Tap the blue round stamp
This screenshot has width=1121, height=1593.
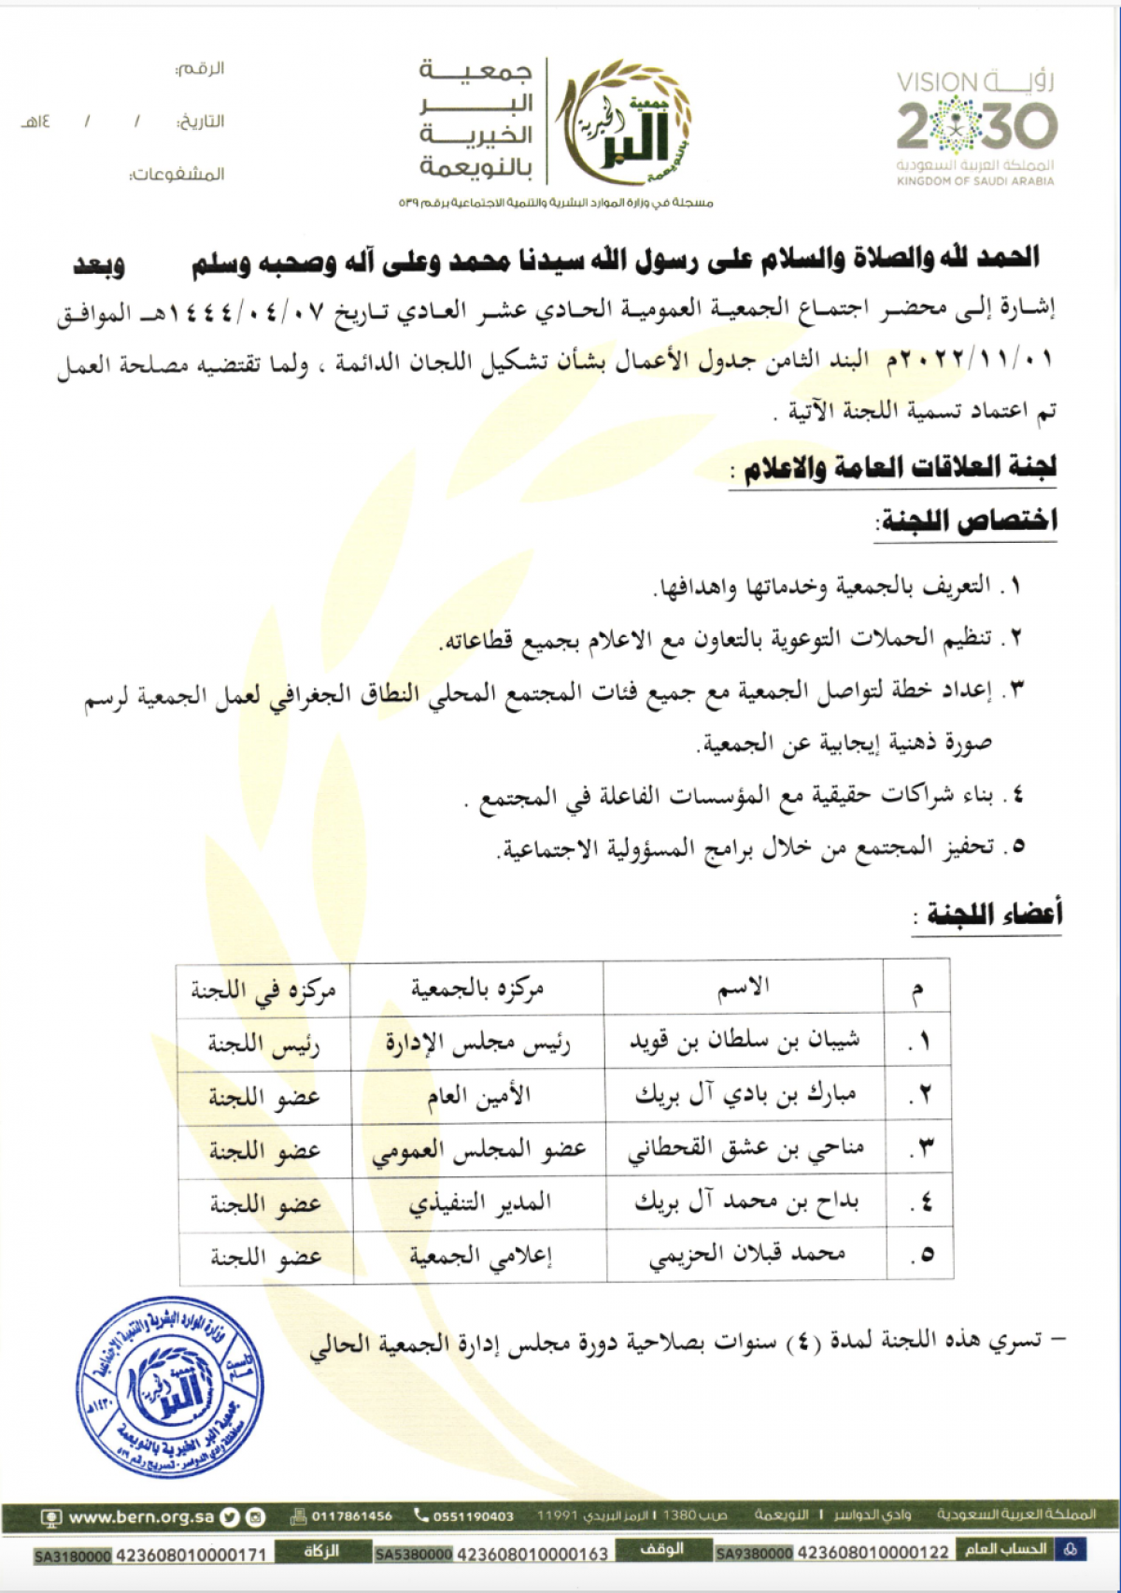click(169, 1387)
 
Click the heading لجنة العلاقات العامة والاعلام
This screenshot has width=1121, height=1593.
click(899, 467)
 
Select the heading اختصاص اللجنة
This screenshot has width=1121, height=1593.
click(968, 520)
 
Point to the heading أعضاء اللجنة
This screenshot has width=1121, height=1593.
click(993, 913)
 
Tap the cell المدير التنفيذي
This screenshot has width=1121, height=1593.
click(479, 1203)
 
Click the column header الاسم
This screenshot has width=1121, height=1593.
click(744, 988)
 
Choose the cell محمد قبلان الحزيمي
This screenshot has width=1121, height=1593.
click(746, 1255)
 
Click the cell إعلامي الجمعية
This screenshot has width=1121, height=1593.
click(480, 1257)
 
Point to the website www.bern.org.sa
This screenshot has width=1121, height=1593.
click(141, 1517)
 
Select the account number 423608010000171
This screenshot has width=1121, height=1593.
click(192, 1555)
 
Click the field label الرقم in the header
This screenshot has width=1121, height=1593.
click(200, 69)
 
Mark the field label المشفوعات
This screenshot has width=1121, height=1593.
click(177, 175)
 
